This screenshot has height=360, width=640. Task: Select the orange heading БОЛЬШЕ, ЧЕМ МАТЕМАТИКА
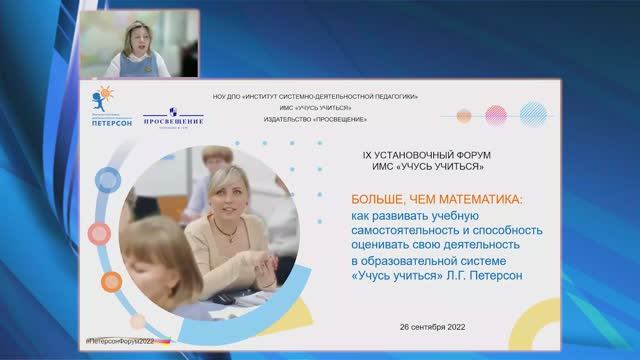pos(442,199)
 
